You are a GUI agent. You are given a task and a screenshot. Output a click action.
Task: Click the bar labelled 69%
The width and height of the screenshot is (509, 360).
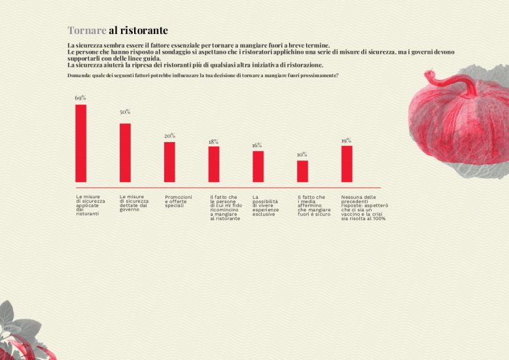pos(81,143)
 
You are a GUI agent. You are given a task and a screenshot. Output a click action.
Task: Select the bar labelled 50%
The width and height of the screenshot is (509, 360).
pos(125,153)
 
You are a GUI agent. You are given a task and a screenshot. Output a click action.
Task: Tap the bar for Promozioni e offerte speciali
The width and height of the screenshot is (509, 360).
pos(169,162)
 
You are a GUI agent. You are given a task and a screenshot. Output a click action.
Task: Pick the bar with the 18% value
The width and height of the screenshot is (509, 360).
pos(214,164)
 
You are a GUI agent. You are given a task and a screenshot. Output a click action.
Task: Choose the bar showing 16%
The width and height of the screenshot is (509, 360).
pos(258,166)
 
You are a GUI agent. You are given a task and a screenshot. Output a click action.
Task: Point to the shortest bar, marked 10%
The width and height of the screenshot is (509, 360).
pos(302,171)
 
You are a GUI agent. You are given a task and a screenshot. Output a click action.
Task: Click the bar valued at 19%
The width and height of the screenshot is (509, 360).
pos(347,164)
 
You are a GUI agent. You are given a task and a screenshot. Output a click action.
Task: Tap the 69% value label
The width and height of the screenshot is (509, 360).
pos(80,98)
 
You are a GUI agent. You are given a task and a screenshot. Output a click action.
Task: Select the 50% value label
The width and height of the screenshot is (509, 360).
pos(125,112)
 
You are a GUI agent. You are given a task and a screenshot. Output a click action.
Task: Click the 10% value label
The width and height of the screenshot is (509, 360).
pos(302,154)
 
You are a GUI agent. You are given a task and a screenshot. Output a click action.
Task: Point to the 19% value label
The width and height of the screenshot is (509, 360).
pos(346,140)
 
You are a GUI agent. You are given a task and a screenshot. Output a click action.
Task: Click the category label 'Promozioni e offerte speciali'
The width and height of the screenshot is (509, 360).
pos(179,201)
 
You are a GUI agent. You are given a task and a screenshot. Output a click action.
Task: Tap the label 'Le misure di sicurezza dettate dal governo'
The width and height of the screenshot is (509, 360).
pos(134,203)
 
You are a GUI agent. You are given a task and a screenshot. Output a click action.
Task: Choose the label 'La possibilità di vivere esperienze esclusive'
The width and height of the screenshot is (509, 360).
pos(265,205)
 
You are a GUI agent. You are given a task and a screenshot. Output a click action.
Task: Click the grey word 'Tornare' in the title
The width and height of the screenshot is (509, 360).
pos(87,31)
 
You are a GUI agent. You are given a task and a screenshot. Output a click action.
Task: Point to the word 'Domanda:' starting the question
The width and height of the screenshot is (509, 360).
pos(79,76)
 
